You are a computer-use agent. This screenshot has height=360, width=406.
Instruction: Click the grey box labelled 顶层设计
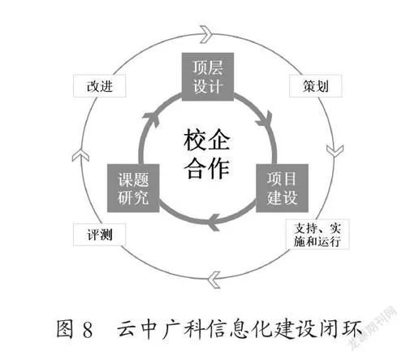(208, 77)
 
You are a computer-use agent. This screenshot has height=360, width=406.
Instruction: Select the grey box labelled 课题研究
(133, 188)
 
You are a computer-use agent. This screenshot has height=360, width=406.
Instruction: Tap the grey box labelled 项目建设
(282, 188)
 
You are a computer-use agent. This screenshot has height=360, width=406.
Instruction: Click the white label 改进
(100, 86)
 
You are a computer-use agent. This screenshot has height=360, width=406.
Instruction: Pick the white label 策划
(316, 86)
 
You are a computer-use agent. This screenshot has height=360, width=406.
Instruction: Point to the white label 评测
(100, 235)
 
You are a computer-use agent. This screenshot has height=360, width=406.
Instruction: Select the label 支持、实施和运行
(317, 235)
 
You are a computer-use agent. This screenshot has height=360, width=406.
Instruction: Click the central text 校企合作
(207, 154)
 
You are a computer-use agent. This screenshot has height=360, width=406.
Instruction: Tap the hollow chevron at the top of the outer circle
(206, 34)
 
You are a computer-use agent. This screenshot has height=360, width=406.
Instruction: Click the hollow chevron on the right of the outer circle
(335, 150)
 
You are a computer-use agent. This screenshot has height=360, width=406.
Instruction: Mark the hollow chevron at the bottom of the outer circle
(214, 280)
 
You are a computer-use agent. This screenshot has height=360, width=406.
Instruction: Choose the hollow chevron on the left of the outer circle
(80, 155)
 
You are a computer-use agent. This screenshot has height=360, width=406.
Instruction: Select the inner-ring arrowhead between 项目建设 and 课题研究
(214, 222)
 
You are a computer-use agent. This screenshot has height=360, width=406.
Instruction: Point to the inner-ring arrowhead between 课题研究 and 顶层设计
(151, 119)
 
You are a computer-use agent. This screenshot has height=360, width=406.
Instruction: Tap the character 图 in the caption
(65, 329)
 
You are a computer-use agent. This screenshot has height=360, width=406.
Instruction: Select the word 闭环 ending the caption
(341, 329)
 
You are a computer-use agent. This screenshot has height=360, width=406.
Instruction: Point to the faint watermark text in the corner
(373, 328)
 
